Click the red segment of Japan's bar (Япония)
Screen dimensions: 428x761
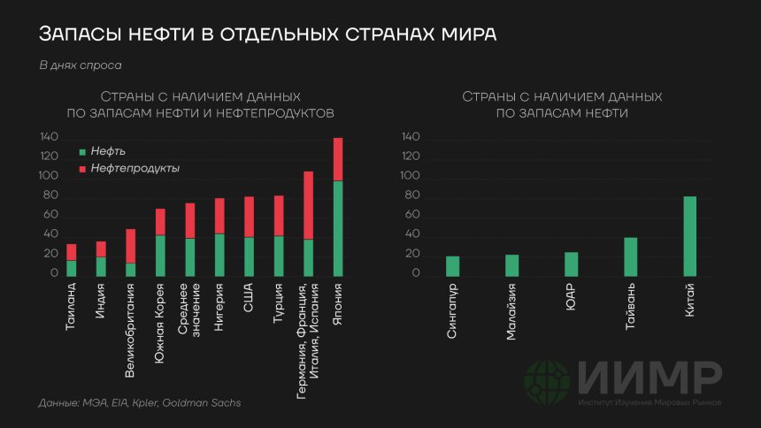(x=337, y=159)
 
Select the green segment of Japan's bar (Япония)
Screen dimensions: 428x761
(x=337, y=228)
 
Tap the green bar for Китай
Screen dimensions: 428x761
(x=690, y=236)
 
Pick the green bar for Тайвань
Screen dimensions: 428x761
(x=630, y=256)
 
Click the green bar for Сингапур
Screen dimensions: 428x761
(x=453, y=266)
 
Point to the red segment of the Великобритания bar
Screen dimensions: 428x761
(x=131, y=246)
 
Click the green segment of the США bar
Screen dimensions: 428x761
(x=249, y=256)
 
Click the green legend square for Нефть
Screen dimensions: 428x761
(x=83, y=152)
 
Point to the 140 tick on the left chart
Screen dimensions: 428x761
(x=49, y=138)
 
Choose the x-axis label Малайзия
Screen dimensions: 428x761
(x=512, y=311)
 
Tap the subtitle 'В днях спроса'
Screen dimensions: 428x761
(x=81, y=65)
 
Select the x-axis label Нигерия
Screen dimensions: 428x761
(x=219, y=305)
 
